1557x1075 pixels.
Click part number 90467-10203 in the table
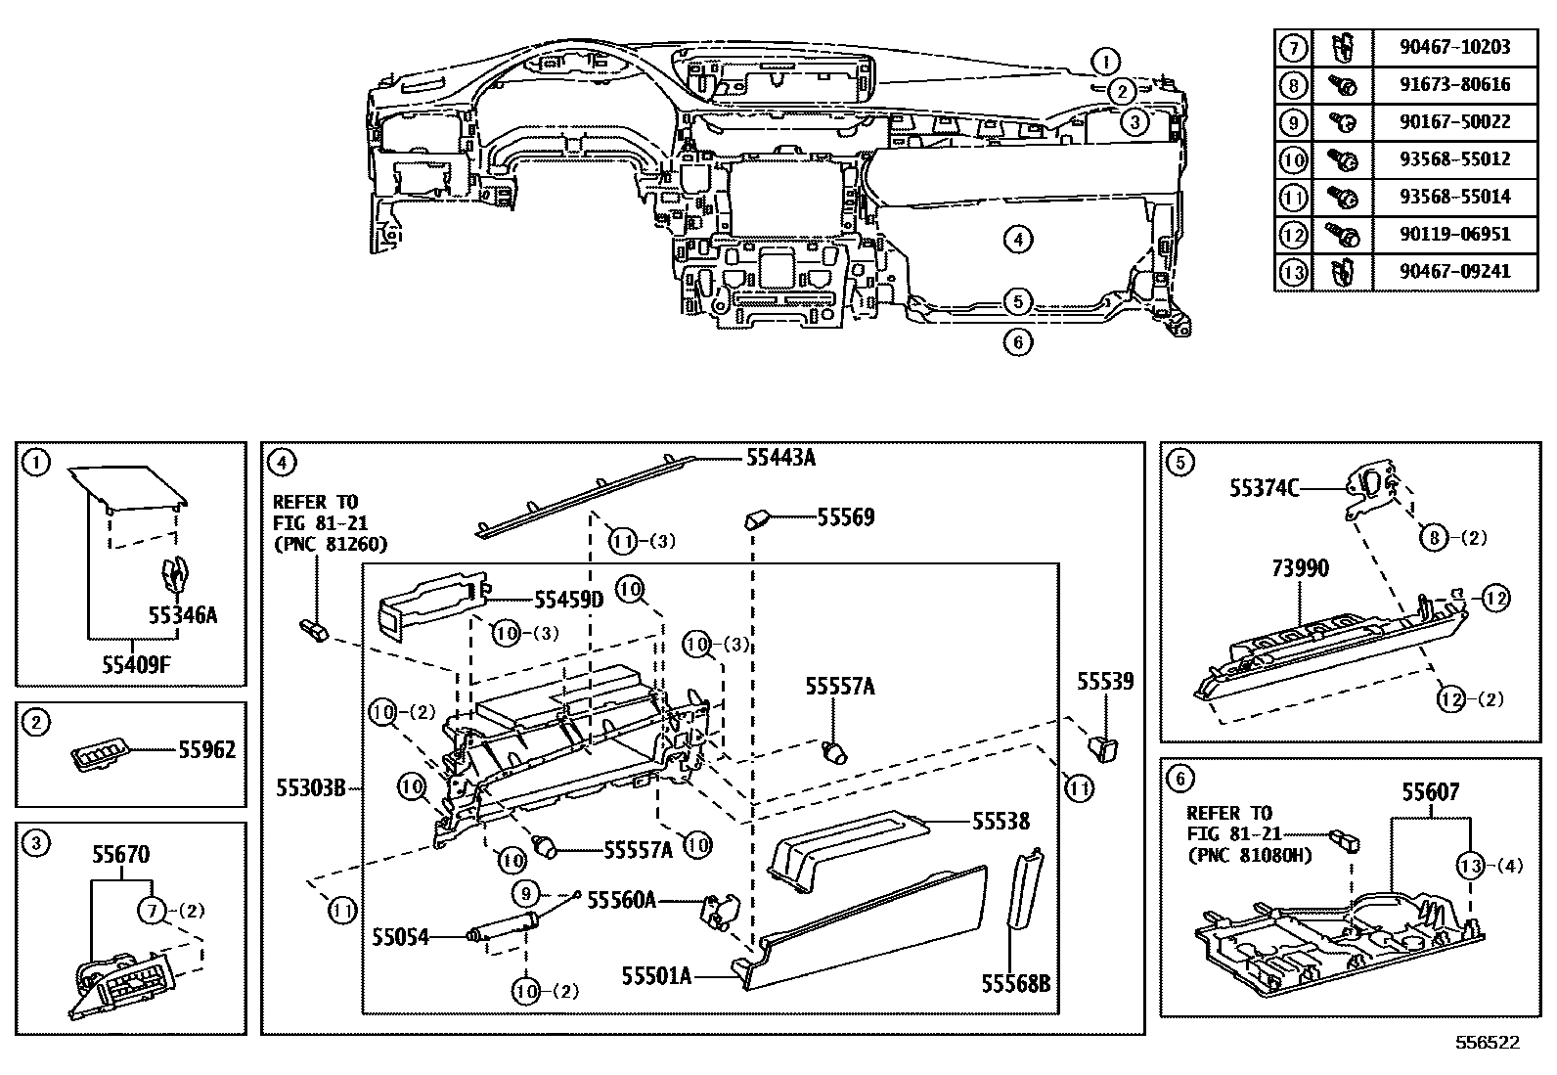(1454, 47)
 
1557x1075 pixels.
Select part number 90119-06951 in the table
(1454, 234)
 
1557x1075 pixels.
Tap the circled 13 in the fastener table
(1293, 272)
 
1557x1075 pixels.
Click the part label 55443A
(780, 458)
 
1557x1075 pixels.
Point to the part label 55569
(845, 517)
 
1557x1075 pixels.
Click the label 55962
(207, 749)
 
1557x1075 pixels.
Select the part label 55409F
(136, 665)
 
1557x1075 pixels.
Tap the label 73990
(1300, 568)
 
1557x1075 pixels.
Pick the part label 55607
(1431, 792)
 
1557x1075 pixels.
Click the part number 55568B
(1015, 984)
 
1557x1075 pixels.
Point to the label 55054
(400, 937)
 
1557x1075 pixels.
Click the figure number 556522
(1488, 1043)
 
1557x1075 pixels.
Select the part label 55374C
(1264, 489)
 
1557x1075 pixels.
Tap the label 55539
(1105, 682)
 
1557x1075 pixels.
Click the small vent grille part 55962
(97, 757)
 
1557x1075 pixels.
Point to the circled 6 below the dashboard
(1017, 342)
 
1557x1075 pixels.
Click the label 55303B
(311, 788)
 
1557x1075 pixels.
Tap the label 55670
(121, 855)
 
